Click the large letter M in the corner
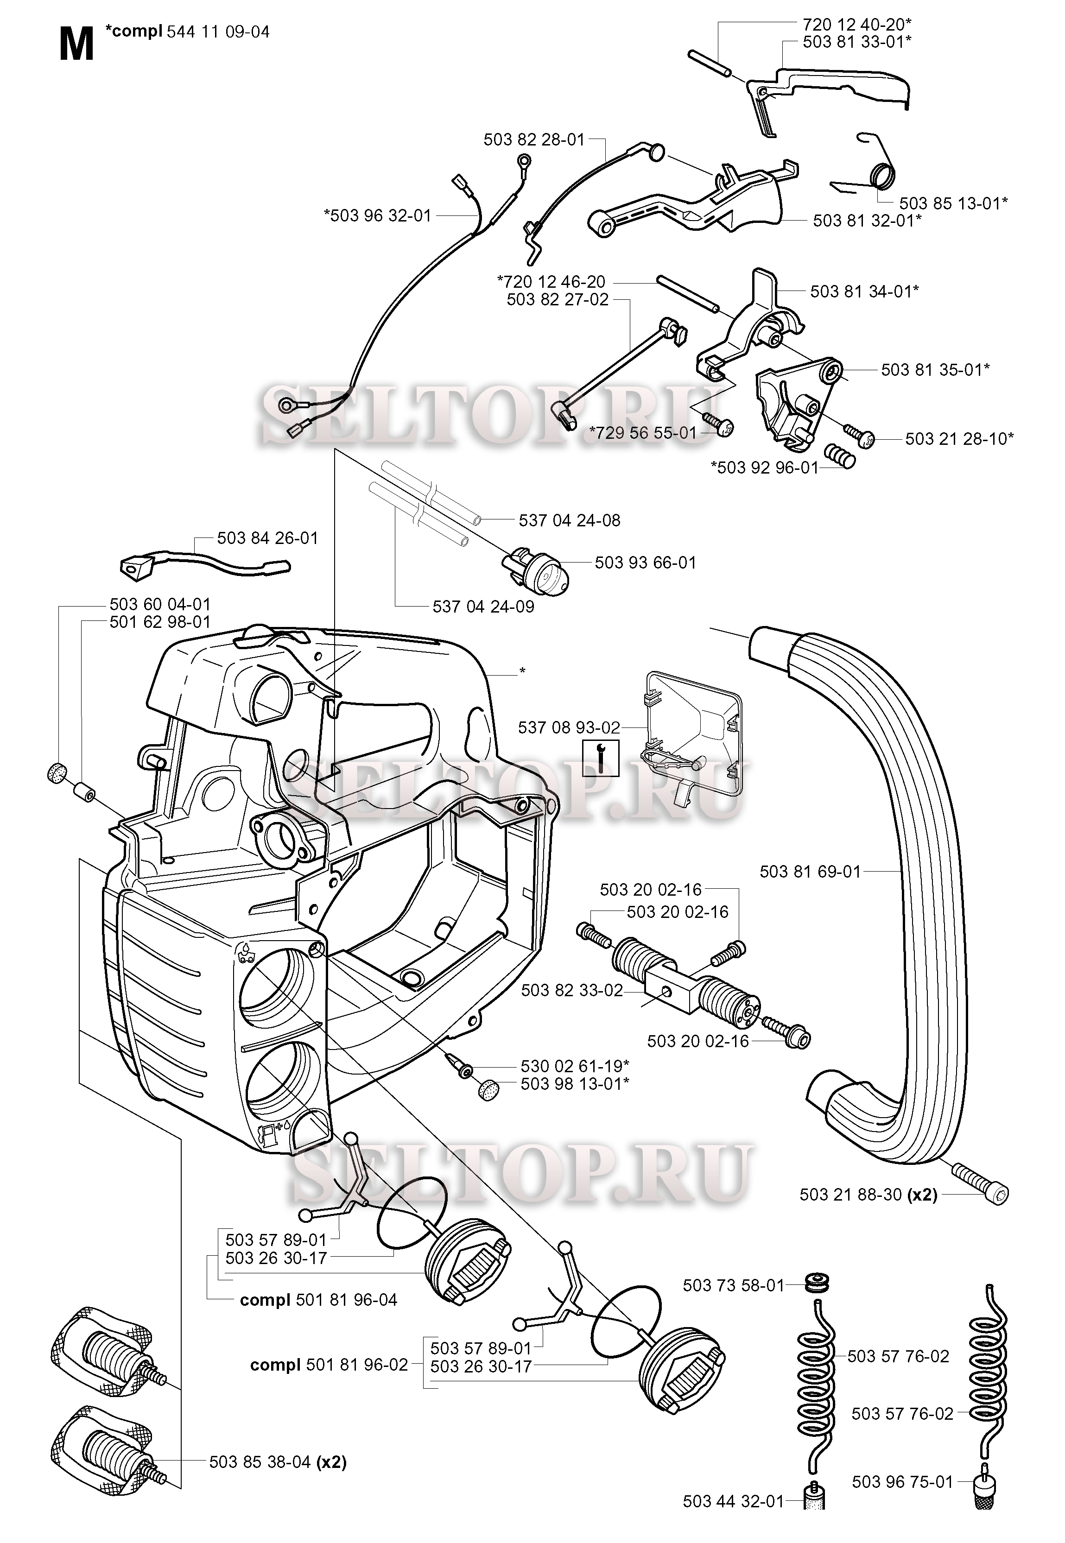[x=76, y=45]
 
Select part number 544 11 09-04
[x=217, y=32]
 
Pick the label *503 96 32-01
[x=378, y=215]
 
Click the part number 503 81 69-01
[x=810, y=871]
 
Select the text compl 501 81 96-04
[x=318, y=1300]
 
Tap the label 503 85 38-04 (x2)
[x=278, y=1462]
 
